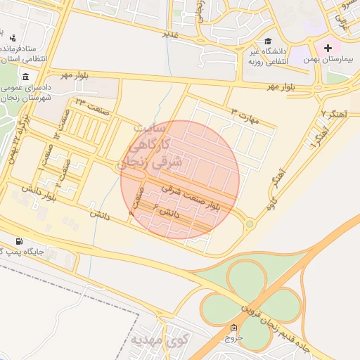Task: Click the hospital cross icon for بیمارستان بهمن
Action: (x=328, y=48)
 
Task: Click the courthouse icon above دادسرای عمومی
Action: (x=25, y=77)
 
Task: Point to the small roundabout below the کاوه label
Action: (x=250, y=224)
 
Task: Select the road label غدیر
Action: (x=170, y=33)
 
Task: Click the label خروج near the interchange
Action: (x=233, y=337)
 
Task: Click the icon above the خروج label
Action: (x=233, y=327)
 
